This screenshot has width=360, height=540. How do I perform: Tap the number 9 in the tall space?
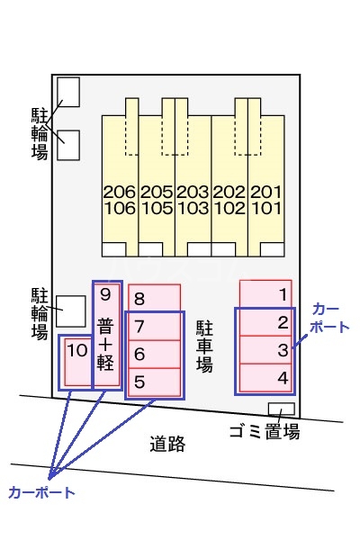106,293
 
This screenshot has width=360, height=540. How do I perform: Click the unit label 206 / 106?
120,200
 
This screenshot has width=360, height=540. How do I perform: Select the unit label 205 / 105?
157,200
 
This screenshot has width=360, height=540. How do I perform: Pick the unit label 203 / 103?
193,200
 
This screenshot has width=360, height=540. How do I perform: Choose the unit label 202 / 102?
229,200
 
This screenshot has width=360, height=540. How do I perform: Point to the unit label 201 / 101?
266,200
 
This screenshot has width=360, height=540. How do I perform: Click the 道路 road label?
167,443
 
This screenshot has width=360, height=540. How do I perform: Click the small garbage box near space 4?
282,409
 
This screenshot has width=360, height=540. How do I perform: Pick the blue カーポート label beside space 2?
328,318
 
